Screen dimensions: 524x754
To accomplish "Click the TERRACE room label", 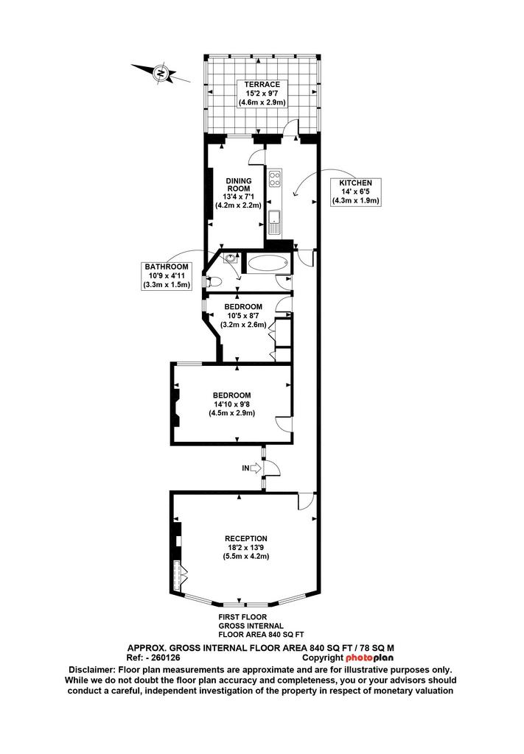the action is pyautogui.click(x=262, y=85).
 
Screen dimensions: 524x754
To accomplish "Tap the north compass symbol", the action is pyautogui.click(x=161, y=74).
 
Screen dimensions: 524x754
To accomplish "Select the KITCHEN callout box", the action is pyautogui.click(x=355, y=192).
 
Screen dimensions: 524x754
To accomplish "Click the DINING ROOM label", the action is pyautogui.click(x=239, y=185).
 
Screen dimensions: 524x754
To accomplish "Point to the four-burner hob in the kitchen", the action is pyautogui.click(x=275, y=179).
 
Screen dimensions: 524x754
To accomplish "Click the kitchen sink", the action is pyautogui.click(x=275, y=222).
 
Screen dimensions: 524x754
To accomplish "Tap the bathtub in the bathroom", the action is pyautogui.click(x=268, y=264).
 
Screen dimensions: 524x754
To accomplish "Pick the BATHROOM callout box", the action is pyautogui.click(x=167, y=275).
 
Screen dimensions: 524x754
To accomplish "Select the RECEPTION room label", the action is pyautogui.click(x=246, y=538).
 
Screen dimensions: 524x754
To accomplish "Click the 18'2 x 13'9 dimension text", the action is pyautogui.click(x=246, y=548).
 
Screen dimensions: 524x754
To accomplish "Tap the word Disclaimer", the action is pyautogui.click(x=92, y=669).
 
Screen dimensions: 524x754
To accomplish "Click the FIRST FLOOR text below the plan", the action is pyautogui.click(x=242, y=617).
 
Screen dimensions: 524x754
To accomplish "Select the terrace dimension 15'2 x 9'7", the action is pyautogui.click(x=262, y=94).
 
